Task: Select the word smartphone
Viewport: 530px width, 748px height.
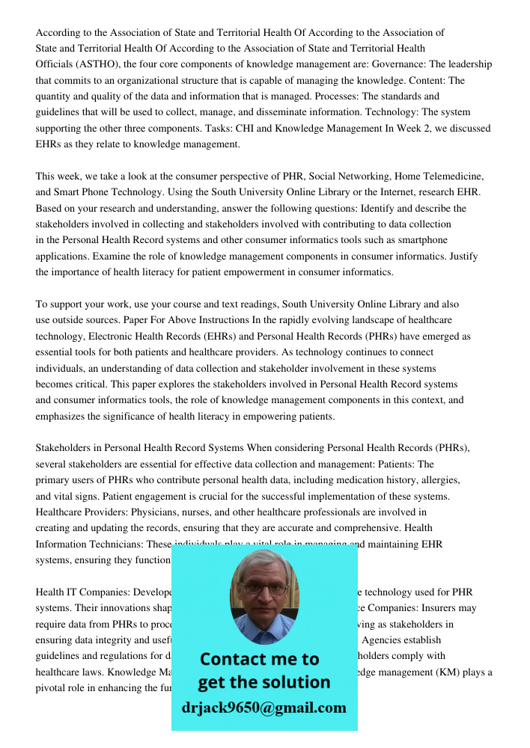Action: click(421, 240)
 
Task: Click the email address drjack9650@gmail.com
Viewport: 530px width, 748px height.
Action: click(264, 708)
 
